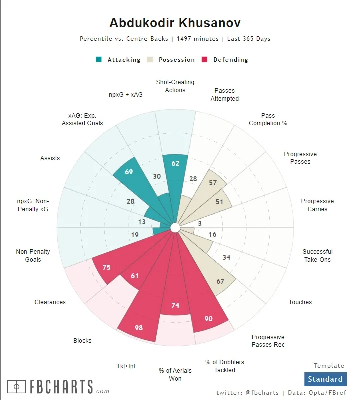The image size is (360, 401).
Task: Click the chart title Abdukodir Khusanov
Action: tap(175, 23)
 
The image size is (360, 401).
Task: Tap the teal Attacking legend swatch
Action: tap(99, 59)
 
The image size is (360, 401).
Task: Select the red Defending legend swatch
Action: tap(204, 59)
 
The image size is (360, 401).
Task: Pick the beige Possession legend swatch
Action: tap(150, 59)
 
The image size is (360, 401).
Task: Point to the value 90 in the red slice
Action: tap(208, 319)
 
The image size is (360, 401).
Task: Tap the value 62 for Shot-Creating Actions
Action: tap(175, 163)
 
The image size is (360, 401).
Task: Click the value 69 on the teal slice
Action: tap(129, 172)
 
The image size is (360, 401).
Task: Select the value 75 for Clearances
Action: tap(106, 268)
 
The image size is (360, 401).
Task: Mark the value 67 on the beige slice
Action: tap(220, 281)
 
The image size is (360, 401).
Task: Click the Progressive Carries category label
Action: tap(317, 205)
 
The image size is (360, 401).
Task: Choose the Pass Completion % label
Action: tap(268, 119)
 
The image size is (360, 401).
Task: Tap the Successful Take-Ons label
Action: tap(317, 256)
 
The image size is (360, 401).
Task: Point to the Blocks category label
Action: tap(82, 341)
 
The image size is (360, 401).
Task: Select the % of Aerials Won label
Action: tap(175, 375)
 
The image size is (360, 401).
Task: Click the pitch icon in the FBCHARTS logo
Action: tap(17, 387)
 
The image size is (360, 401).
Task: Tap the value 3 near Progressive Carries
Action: tap(200, 223)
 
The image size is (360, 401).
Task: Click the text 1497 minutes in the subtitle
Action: tap(198, 39)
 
